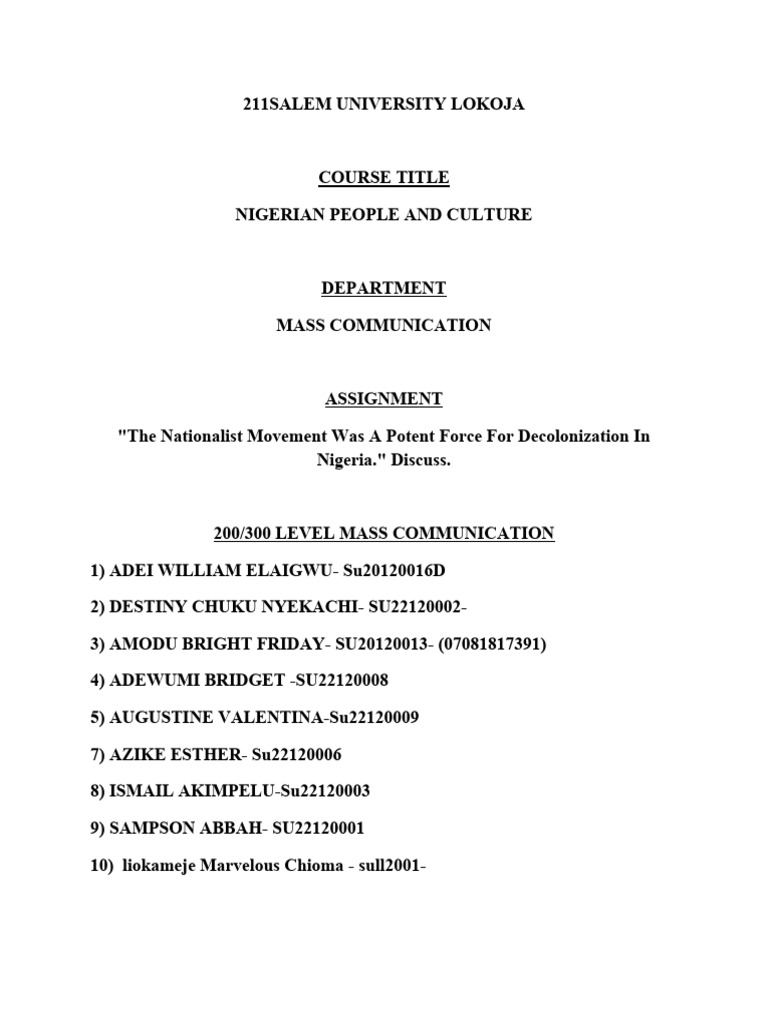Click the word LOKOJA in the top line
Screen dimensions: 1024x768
coord(487,104)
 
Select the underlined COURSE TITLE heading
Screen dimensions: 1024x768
coord(384,178)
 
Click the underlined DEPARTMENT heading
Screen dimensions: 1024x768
coord(384,288)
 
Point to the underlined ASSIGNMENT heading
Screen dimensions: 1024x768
coord(384,398)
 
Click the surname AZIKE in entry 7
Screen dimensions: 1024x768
coord(138,754)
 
